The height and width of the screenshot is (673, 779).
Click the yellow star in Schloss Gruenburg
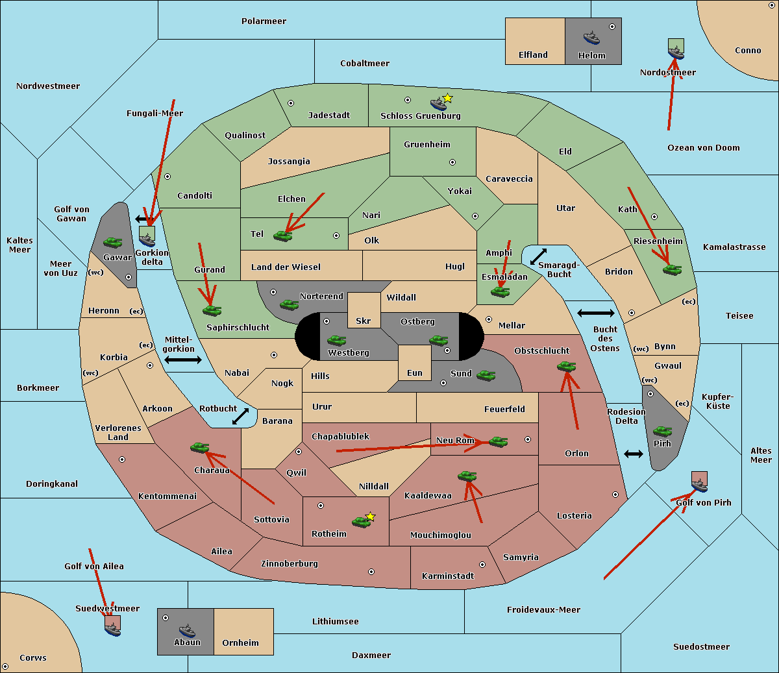click(447, 98)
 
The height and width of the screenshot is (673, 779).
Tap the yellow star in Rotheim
click(371, 517)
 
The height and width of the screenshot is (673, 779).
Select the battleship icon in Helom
click(591, 37)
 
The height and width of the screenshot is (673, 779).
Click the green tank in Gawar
click(113, 242)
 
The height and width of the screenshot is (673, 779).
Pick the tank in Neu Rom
click(498, 441)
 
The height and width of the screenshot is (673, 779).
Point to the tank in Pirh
click(662, 431)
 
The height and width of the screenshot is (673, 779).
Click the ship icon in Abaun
click(187, 630)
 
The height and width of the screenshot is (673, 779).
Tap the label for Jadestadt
click(328, 115)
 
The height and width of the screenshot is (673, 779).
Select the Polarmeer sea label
click(264, 21)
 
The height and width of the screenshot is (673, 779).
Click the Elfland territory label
click(533, 55)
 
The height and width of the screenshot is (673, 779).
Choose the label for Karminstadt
click(448, 576)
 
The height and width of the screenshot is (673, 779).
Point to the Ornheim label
click(240, 642)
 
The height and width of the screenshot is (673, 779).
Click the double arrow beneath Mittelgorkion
click(183, 360)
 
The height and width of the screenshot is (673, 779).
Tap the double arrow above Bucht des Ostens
click(595, 313)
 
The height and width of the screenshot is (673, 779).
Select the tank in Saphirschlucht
click(212, 310)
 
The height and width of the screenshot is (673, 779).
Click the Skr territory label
click(364, 321)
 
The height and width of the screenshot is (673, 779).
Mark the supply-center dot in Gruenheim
click(452, 162)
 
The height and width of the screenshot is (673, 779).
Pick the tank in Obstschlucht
click(566, 366)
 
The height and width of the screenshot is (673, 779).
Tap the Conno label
click(748, 50)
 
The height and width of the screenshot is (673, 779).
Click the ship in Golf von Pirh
click(699, 484)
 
